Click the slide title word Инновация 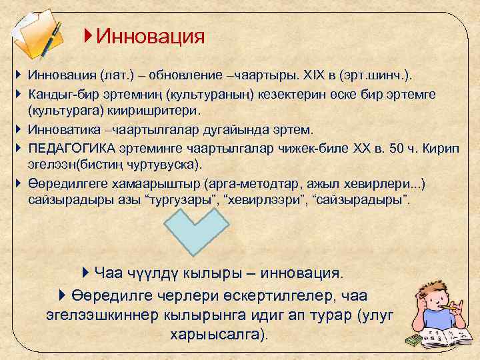pyautogui.click(x=150, y=36)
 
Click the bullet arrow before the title pyautogui.click(x=89, y=35)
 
